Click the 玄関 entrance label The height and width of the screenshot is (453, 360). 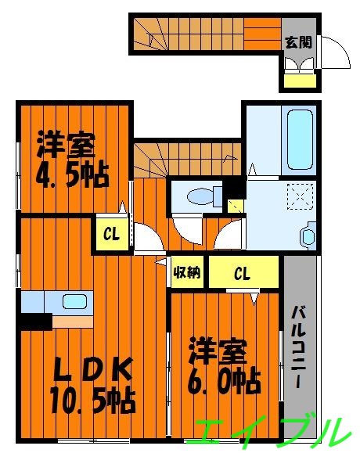click(x=298, y=41)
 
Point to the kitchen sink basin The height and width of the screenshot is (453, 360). click(x=74, y=301)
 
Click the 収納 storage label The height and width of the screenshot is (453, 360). click(x=186, y=273)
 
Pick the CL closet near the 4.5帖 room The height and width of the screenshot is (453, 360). click(x=112, y=234)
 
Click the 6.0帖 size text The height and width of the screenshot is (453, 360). click(x=223, y=383)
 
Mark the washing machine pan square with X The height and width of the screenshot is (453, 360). click(x=299, y=196)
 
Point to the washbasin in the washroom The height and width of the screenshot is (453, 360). click(x=308, y=235)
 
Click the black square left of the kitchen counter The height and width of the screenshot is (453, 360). click(x=35, y=319)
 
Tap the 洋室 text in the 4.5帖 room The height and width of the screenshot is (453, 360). click(x=66, y=146)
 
